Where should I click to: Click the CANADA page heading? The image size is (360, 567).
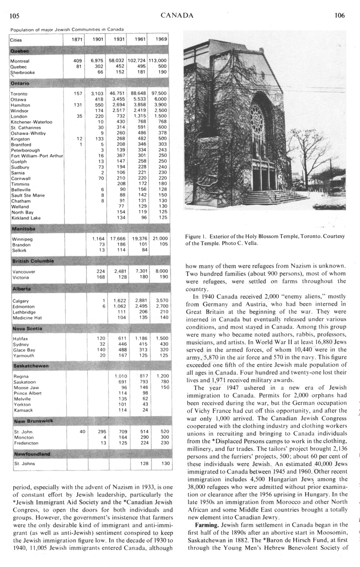(x=177, y=16)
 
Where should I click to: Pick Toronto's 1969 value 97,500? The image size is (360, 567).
(x=159, y=93)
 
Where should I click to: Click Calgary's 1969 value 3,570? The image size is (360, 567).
(x=161, y=301)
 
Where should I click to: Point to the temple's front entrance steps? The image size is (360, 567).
(x=274, y=197)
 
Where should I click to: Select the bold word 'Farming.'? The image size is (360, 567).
(x=206, y=525)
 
